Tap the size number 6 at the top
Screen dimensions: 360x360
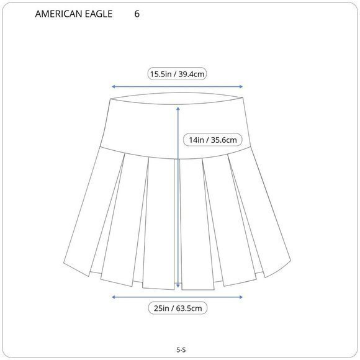pyautogui.click(x=137, y=14)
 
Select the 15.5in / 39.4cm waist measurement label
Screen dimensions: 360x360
pyautogui.click(x=178, y=74)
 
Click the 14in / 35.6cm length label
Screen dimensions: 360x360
pyautogui.click(x=213, y=140)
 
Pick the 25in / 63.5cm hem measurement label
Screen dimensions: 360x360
pyautogui.click(x=178, y=308)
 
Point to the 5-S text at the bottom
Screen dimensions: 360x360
pyautogui.click(x=181, y=350)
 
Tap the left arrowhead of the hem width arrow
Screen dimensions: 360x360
pyautogui.click(x=113, y=297)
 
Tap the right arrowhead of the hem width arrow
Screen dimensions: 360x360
pyautogui.click(x=243, y=297)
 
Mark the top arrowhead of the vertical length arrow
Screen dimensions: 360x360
pyautogui.click(x=179, y=109)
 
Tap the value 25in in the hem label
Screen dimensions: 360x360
pyautogui.click(x=160, y=308)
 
